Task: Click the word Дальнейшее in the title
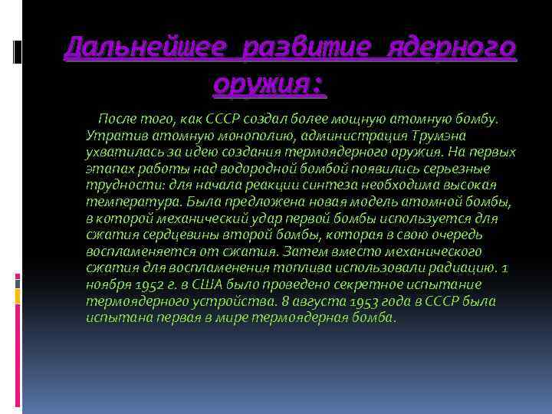pos(146,48)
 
